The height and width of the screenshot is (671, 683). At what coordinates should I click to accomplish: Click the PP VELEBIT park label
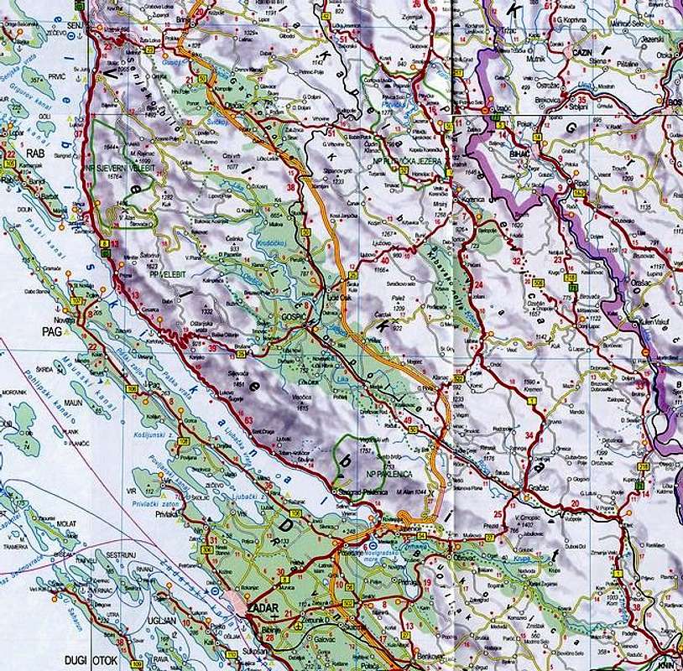(x=164, y=273)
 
